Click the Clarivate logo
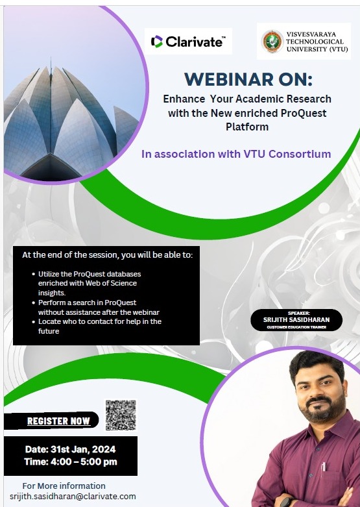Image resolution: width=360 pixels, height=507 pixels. tap(188, 42)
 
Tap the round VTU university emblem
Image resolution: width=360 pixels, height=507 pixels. tap(272, 41)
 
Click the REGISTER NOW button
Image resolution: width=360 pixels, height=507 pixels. tap(58, 421)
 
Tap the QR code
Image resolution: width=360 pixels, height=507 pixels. tap(121, 415)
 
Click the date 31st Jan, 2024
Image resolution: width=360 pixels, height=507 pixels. tap(83, 449)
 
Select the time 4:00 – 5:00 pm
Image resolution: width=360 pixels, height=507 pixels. tap(84, 462)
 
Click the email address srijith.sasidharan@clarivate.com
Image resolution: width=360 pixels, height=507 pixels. tap(73, 497)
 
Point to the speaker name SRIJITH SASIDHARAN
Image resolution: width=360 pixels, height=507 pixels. tap(296, 320)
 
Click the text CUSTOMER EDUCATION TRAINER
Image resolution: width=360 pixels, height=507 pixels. tap(296, 327)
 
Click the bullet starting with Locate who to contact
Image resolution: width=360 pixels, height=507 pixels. tap(97, 326)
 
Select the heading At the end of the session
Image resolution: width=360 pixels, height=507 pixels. tap(107, 254)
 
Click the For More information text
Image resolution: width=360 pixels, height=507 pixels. tap(64, 486)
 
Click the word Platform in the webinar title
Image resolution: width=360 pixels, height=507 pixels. tap(247, 127)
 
